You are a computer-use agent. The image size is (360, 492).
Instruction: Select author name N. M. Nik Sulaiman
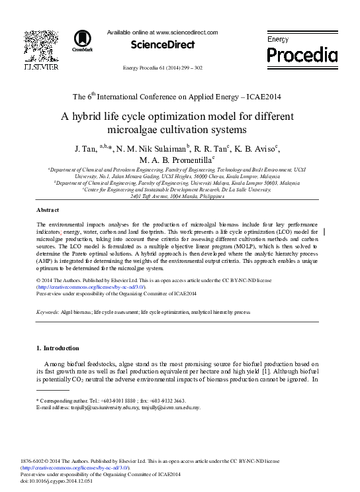[152, 148]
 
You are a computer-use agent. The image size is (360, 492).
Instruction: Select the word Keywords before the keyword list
[47, 311]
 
